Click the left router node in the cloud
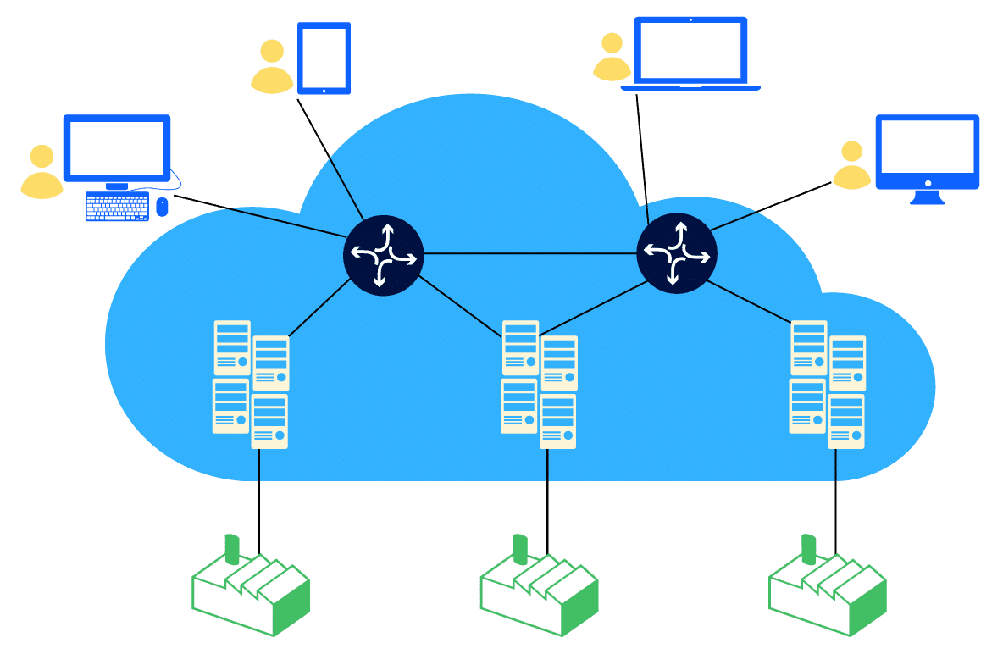click(x=383, y=254)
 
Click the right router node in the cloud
click(x=676, y=252)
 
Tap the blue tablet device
click(x=324, y=57)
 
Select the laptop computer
click(x=690, y=53)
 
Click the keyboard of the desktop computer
click(x=117, y=207)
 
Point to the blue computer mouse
click(x=163, y=206)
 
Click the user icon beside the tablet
click(x=272, y=67)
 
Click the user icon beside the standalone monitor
click(x=851, y=165)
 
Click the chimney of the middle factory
click(x=520, y=547)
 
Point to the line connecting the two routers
click(x=529, y=253)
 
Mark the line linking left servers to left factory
click(x=258, y=500)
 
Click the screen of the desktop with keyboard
click(x=116, y=147)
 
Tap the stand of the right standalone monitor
click(x=928, y=197)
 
